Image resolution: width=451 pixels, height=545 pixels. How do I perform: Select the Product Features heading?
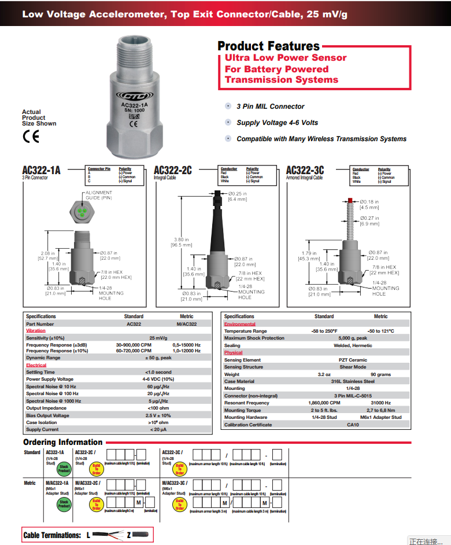click(x=268, y=46)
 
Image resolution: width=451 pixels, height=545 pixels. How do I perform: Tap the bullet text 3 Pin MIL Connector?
click(x=270, y=106)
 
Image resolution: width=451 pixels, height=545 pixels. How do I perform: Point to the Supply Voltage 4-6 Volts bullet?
click(x=277, y=123)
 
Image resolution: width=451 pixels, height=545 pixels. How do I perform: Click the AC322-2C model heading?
click(x=173, y=170)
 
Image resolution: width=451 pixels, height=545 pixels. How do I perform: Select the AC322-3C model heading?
click(x=305, y=170)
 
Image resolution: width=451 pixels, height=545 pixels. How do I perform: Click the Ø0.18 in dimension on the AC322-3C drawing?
click(x=369, y=202)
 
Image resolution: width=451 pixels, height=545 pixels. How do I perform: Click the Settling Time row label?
click(x=40, y=372)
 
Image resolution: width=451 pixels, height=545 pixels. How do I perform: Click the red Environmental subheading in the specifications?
click(x=239, y=325)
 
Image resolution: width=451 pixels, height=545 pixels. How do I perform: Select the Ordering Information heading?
click(x=63, y=443)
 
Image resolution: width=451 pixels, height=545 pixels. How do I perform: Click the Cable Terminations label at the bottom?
click(x=52, y=535)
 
